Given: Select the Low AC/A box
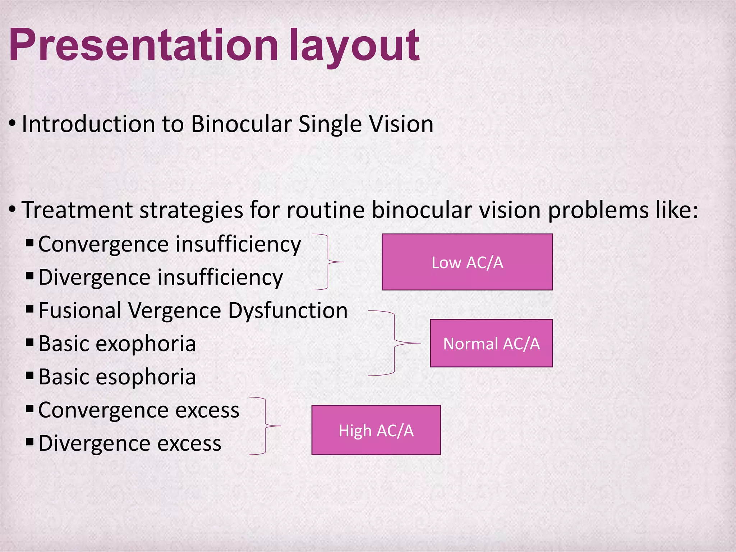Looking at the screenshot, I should (467, 262).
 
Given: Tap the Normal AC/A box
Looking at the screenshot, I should (491, 343).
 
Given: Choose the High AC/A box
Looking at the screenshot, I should (376, 430).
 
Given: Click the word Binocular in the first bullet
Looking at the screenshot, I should (241, 124).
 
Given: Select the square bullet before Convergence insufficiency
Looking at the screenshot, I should (30, 243).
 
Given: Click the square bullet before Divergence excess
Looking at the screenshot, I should (30, 441).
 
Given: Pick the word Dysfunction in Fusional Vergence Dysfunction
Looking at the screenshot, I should (288, 310).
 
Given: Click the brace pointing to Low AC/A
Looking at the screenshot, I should (328, 262).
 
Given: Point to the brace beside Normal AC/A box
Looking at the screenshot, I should (394, 343).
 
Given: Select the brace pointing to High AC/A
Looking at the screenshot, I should (265, 426).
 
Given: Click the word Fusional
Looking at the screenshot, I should (80, 310).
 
